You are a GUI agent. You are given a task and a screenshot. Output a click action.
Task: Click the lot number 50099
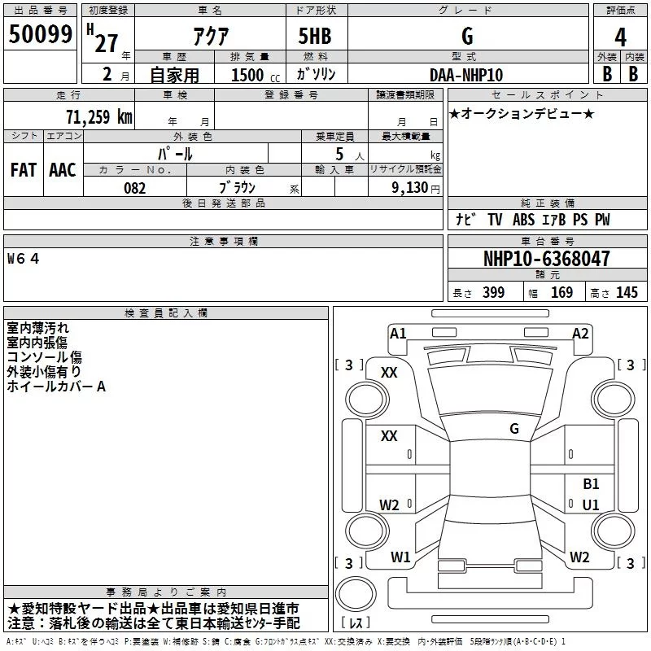pyautogui.click(x=41, y=35)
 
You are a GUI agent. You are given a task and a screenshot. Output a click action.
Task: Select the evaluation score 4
pyautogui.click(x=621, y=37)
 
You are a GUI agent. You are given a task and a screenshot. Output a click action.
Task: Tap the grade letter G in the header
pyautogui.click(x=467, y=37)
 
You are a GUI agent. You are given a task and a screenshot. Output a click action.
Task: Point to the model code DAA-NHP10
pyautogui.click(x=467, y=75)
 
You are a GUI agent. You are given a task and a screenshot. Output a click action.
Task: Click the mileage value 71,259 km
pyautogui.click(x=98, y=116)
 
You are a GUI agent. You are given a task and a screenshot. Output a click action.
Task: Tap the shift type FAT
pyautogui.click(x=24, y=169)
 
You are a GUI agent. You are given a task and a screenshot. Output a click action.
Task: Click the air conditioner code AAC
pyautogui.click(x=63, y=169)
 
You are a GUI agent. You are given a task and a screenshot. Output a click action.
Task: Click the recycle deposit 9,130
pyautogui.click(x=408, y=188)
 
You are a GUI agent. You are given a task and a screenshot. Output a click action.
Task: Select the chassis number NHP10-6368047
pyautogui.click(x=546, y=259)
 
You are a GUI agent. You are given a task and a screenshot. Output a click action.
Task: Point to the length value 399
pyautogui.click(x=493, y=293)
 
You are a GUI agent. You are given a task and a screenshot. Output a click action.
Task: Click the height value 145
pyautogui.click(x=627, y=293)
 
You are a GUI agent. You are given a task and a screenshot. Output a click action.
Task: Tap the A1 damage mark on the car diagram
pyautogui.click(x=398, y=333)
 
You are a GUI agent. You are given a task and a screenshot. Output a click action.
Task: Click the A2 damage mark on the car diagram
pyautogui.click(x=580, y=333)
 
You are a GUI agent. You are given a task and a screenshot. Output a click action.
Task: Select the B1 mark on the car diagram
pyautogui.click(x=591, y=484)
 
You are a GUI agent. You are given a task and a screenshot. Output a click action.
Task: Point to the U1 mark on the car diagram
pyautogui.click(x=591, y=505)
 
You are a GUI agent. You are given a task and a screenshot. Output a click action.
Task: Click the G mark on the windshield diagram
pyautogui.click(x=514, y=428)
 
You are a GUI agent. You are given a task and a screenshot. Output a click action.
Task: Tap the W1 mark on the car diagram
pyautogui.click(x=400, y=557)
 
